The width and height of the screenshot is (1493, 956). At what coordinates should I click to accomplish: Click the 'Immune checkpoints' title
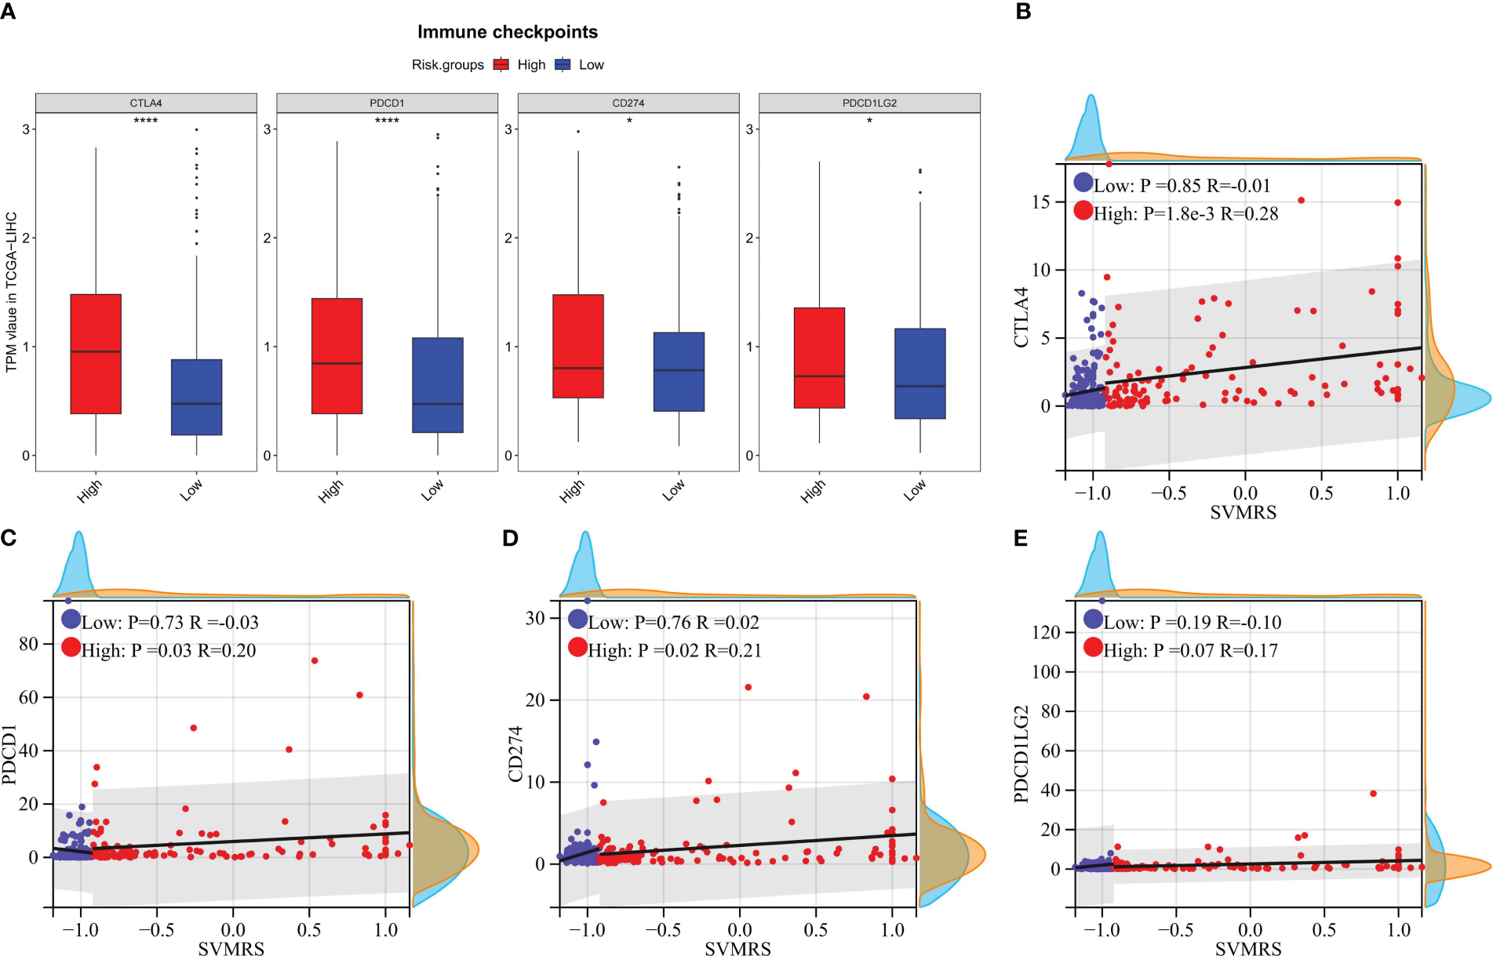(x=507, y=32)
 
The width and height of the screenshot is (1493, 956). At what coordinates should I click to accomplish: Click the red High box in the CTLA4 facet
(x=96, y=354)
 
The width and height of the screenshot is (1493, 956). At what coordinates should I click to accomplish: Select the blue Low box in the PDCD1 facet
(x=437, y=385)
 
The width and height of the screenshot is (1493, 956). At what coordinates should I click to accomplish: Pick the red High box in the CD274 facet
(x=578, y=346)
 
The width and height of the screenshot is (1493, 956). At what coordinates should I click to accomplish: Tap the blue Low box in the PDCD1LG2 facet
(x=919, y=373)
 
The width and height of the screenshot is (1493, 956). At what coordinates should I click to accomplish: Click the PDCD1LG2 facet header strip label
(x=869, y=103)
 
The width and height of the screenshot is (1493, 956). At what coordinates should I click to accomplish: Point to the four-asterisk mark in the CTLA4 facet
(x=146, y=121)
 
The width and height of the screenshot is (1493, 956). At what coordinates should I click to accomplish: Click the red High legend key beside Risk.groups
(x=501, y=65)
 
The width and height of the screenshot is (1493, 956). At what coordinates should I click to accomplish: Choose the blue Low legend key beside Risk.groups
(x=563, y=65)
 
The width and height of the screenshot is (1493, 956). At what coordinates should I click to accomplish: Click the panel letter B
(x=1023, y=11)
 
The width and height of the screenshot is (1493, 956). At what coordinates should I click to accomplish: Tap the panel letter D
(x=510, y=538)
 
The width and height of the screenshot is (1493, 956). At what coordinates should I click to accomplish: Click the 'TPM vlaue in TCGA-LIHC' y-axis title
(x=12, y=292)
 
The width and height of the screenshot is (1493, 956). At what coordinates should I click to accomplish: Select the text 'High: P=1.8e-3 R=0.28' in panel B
(x=1185, y=213)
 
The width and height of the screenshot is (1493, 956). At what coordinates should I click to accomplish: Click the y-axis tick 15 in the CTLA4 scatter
(x=1041, y=202)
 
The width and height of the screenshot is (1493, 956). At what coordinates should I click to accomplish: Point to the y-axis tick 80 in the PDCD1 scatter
(x=28, y=644)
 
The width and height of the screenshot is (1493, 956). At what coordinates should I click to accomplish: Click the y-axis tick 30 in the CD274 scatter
(x=535, y=618)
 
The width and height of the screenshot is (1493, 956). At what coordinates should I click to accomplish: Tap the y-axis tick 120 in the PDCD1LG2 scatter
(x=1047, y=632)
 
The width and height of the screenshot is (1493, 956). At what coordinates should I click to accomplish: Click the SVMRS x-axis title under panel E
(x=1248, y=949)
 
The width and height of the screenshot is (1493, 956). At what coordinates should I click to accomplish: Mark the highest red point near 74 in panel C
(x=315, y=660)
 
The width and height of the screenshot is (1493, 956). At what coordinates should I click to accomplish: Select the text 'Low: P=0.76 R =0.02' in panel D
(x=673, y=623)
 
